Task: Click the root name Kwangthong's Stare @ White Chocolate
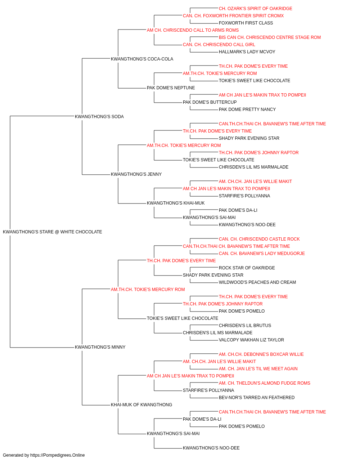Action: click(x=52, y=232)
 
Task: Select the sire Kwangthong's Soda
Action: click(x=99, y=116)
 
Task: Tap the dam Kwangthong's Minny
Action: click(x=100, y=347)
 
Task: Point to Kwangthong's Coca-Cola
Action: click(x=142, y=59)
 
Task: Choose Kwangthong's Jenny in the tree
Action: click(x=136, y=174)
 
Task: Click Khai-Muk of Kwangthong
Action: click(x=141, y=405)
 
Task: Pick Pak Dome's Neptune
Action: click(x=171, y=88)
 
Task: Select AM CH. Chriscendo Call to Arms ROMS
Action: click(x=193, y=30)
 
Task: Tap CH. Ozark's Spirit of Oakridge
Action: click(x=256, y=9)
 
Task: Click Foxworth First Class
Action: click(x=246, y=23)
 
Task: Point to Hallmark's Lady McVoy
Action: click(x=247, y=52)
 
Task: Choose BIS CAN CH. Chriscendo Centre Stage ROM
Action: click(x=270, y=37)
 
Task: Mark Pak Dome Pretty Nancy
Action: click(x=247, y=109)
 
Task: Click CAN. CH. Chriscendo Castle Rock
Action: click(x=259, y=239)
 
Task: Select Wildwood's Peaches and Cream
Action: click(x=257, y=282)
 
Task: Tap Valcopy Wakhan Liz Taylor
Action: click(x=251, y=340)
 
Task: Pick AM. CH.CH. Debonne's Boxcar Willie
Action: click(x=261, y=354)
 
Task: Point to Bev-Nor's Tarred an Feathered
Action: click(x=257, y=398)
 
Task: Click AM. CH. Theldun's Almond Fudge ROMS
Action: click(x=265, y=383)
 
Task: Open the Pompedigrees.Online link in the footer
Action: click(x=58, y=455)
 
